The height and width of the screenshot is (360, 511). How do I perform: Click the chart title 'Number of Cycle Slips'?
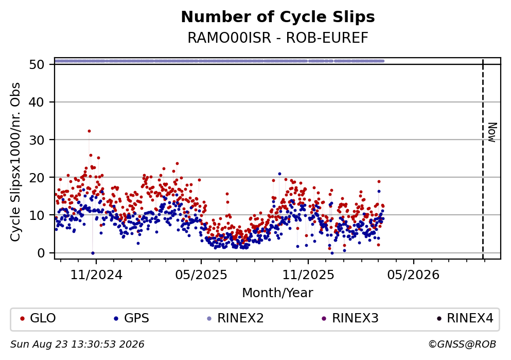coord(278,17)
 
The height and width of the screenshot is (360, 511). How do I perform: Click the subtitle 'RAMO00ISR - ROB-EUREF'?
coord(278,38)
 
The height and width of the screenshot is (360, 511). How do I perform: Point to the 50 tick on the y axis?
coord(37,64)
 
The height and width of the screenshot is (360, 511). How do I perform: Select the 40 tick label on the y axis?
coord(37,102)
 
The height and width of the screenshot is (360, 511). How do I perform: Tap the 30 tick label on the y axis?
coord(37,140)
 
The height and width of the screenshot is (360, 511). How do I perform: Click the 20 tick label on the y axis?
coord(37,177)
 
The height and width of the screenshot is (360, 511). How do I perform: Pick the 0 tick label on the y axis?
coord(41,253)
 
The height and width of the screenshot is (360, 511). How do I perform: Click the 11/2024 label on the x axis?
coord(96,275)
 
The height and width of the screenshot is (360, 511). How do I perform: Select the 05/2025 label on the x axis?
coord(201,275)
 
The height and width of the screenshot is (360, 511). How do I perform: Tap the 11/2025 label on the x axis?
coord(308,275)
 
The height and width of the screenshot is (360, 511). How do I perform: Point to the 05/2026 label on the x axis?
coord(413,275)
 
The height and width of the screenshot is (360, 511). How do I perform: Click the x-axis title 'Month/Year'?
coord(277,293)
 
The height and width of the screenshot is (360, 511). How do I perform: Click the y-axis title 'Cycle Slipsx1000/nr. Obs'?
coord(15,162)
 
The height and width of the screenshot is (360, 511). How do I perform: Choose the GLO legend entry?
coord(38,318)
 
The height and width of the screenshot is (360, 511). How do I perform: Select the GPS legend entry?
coord(132,318)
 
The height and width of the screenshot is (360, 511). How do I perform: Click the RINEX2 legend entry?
coord(235,318)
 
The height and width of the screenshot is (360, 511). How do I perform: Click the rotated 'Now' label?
coord(492,132)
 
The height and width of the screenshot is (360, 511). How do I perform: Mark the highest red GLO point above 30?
coord(89,131)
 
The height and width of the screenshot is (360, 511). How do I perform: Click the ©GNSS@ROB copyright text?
coord(462,345)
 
